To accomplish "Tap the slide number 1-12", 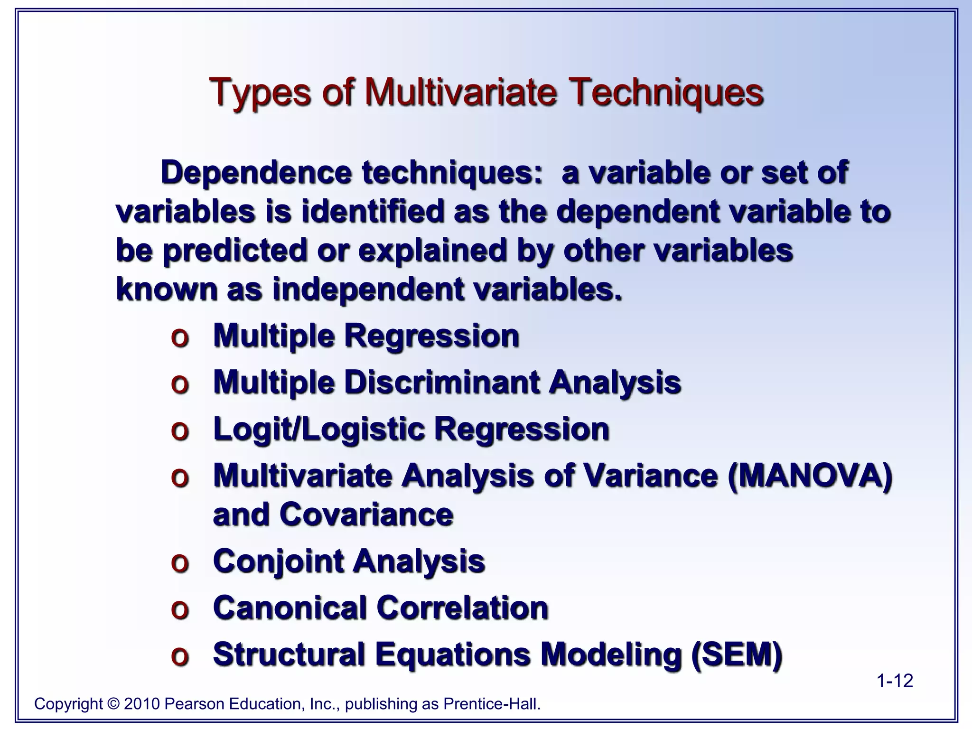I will click(x=894, y=681).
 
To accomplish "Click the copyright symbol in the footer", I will click(x=113, y=704).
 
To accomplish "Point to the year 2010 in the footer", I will click(x=141, y=704).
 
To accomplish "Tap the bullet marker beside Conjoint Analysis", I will click(x=180, y=563).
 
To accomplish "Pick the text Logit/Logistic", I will click(x=318, y=430).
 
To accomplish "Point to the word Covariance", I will click(x=366, y=514).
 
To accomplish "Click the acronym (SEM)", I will click(x=736, y=654).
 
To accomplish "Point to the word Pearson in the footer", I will click(x=194, y=704).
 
